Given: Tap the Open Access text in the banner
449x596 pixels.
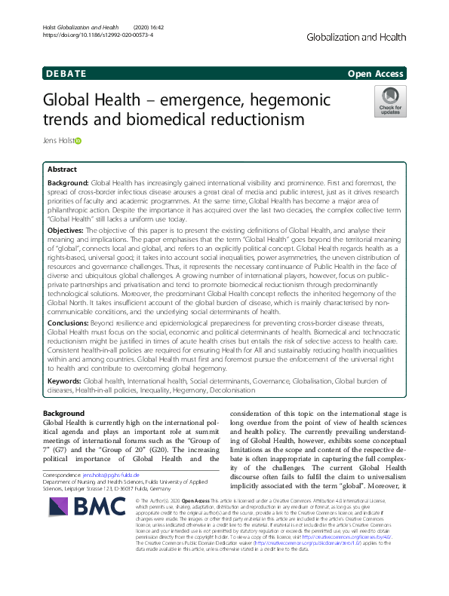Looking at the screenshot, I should (x=375, y=73).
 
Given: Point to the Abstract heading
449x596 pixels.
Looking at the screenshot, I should (x=63, y=170).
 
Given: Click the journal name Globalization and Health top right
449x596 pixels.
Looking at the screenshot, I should (x=357, y=35).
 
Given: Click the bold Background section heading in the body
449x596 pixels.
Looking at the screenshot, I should (x=63, y=414).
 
